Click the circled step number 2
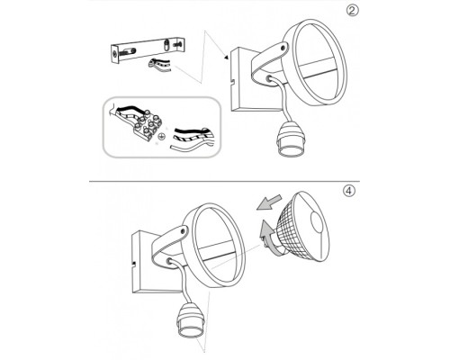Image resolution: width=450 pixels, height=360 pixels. tap(353, 11)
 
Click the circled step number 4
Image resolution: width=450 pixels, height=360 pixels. tap(348, 191)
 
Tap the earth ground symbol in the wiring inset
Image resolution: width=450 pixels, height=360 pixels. tap(161, 137)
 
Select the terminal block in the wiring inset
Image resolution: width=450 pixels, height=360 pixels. tap(147, 124)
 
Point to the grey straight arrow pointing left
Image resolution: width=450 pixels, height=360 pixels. tap(269, 202)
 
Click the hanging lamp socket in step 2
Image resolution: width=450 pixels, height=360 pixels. tap(291, 139)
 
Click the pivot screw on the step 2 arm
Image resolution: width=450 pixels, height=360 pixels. tap(283, 47)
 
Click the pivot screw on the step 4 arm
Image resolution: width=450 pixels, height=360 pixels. tap(182, 230)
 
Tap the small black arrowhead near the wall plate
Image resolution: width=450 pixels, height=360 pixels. tap(226, 58)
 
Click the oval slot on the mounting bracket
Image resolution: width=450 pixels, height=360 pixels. tap(166, 46)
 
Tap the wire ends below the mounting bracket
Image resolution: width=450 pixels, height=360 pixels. tap(159, 65)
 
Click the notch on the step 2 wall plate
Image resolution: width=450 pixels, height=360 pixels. tap(232, 81)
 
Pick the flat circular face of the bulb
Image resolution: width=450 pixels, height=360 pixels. tap(319, 222)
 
